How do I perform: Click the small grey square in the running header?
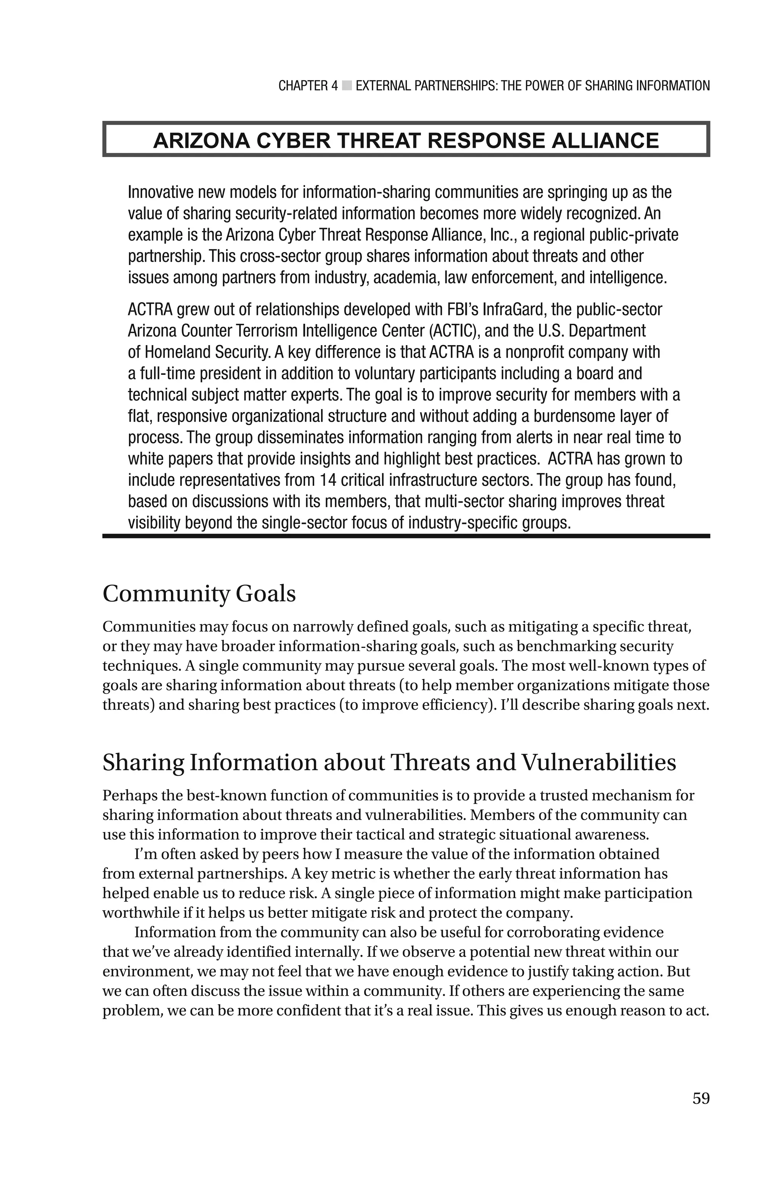(x=347, y=86)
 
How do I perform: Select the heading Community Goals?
(x=199, y=594)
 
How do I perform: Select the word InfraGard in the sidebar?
(x=514, y=309)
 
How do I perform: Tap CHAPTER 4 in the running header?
(x=308, y=86)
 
